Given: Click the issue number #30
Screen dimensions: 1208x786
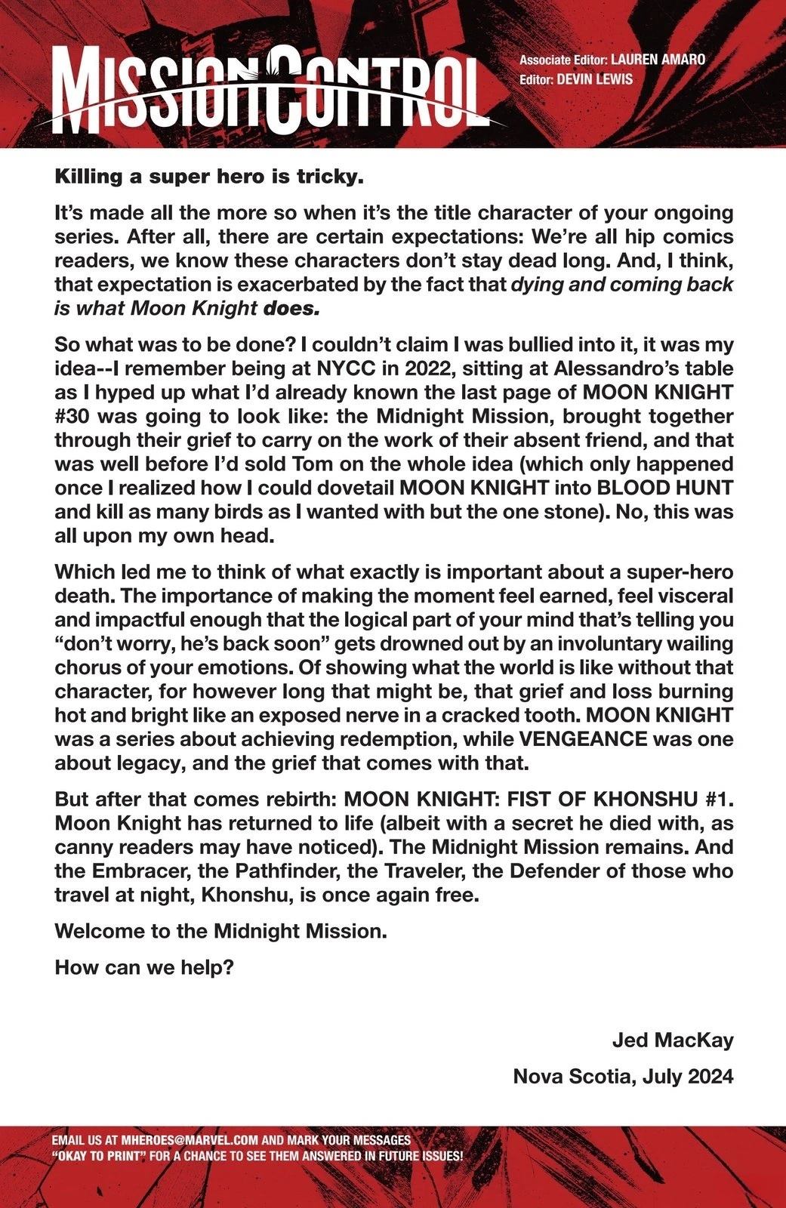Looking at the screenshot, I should click(x=75, y=416).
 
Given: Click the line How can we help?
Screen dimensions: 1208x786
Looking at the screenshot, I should click(x=143, y=967).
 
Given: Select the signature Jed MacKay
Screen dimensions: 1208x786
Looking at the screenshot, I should click(x=672, y=1041).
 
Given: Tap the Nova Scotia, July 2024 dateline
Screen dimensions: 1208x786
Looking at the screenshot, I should click(x=623, y=1076).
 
